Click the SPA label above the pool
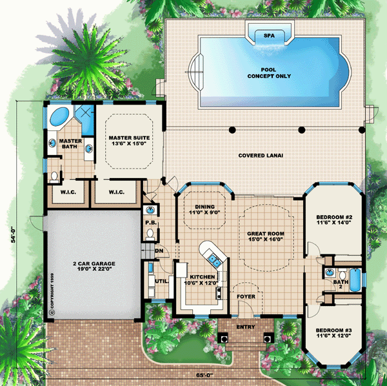269,36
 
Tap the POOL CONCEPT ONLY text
269,73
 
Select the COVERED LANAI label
261,156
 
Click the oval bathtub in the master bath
59,117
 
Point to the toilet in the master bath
54,177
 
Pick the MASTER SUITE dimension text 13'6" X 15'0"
129,143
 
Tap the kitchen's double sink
213,260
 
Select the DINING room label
205,207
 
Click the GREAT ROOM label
266,234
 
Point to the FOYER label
246,296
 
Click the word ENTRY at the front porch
246,327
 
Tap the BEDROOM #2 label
334,217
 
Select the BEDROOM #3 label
333,330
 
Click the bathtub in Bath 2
355,279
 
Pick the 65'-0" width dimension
205,375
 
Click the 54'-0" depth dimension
13,236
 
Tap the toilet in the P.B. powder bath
150,234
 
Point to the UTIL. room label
162,281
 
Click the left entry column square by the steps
224,338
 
